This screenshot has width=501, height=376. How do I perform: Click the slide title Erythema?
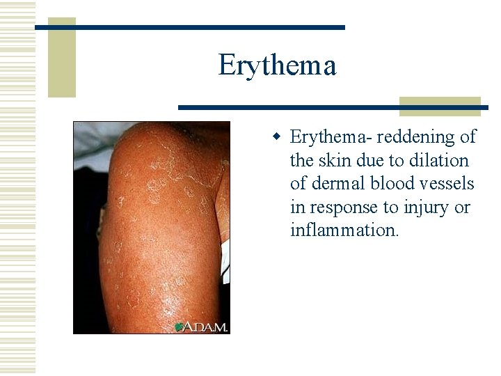[277, 65]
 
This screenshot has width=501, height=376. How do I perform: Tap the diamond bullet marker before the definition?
[276, 136]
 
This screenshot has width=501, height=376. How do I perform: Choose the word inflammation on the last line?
[343, 230]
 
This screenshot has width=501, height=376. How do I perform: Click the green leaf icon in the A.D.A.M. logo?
[179, 327]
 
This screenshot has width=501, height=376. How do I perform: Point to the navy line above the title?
[189, 27]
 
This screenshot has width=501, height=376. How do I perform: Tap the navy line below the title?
[333, 108]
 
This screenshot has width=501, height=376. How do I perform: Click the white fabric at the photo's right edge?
[225, 251]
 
